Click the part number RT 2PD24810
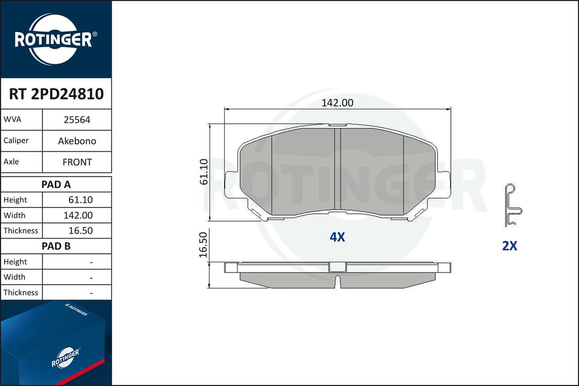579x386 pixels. pos(56,94)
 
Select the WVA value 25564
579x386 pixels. pos(77,120)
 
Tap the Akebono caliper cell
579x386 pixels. pos(77,141)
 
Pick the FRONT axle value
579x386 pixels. pos(77,162)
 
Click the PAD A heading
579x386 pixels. pos(56,184)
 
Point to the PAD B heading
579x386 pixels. pos(56,246)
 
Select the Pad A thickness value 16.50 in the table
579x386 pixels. pos(80,231)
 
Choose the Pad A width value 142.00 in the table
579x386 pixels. pos(78,216)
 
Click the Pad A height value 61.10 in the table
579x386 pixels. pos(80,200)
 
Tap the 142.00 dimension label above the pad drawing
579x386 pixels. pos(337,103)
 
